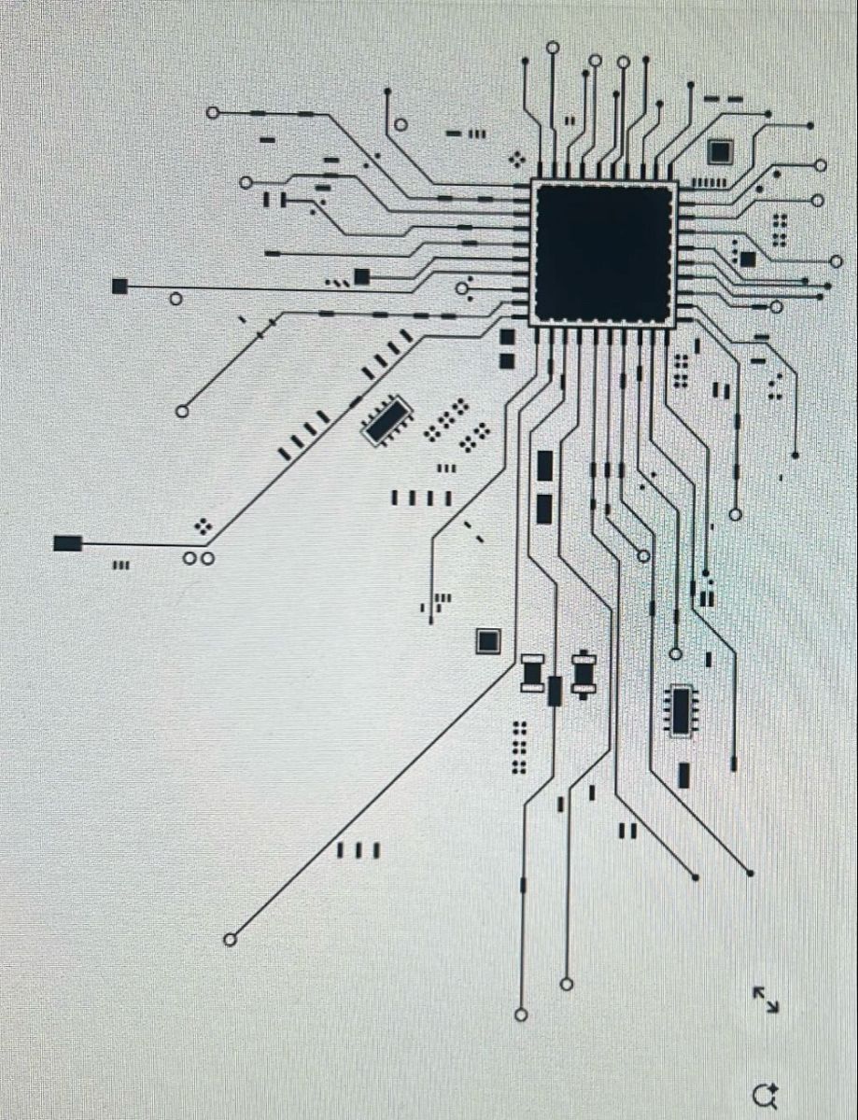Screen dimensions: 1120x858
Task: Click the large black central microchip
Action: click(603, 253)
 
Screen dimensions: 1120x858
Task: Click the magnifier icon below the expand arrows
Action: click(766, 1094)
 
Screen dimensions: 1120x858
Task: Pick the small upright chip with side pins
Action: click(682, 711)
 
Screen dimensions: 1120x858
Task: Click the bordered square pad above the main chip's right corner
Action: click(720, 151)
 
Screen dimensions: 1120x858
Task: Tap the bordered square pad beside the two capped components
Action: click(487, 640)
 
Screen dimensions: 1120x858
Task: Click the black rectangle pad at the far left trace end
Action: click(67, 542)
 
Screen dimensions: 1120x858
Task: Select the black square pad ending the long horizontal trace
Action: click(120, 286)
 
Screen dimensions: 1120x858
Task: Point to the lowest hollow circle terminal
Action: click(521, 1015)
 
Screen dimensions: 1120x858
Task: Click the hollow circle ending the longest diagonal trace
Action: click(231, 939)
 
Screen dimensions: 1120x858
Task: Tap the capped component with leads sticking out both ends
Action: click(584, 674)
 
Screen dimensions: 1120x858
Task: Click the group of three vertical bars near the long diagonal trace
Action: click(358, 850)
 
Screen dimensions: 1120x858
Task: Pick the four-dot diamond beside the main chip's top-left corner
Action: click(515, 159)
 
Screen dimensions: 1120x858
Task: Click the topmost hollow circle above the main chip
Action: click(553, 47)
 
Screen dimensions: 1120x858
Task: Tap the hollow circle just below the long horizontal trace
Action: click(176, 300)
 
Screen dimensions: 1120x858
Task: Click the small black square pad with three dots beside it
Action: click(361, 275)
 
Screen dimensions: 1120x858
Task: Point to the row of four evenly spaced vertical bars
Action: click(421, 497)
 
